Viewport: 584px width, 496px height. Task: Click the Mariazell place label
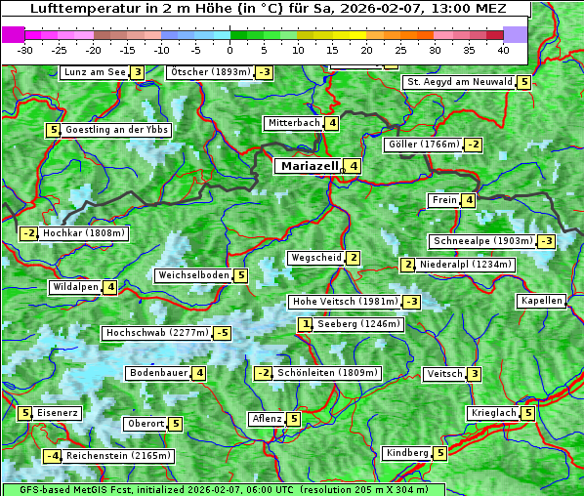pyautogui.click(x=309, y=166)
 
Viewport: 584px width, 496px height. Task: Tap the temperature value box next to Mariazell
pyautogui.click(x=353, y=166)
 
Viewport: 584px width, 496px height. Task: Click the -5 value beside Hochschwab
pyautogui.click(x=223, y=333)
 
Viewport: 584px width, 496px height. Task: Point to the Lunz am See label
pyautogui.click(x=94, y=72)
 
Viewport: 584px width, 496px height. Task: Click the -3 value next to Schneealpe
pyautogui.click(x=546, y=241)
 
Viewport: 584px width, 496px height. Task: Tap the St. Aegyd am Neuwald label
pyautogui.click(x=459, y=82)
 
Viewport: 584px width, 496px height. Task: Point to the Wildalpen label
pyautogui.click(x=75, y=287)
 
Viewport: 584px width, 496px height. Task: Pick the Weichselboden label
pyautogui.click(x=193, y=275)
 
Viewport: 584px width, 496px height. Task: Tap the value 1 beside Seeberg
pyautogui.click(x=306, y=324)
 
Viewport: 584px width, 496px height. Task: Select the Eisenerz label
pyautogui.click(x=58, y=413)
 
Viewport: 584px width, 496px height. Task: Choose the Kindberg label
pyautogui.click(x=407, y=453)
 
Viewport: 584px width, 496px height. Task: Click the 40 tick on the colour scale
pyautogui.click(x=503, y=50)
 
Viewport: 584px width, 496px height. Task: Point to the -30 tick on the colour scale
pyautogui.click(x=25, y=50)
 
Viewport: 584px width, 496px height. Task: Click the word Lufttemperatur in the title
pyautogui.click(x=79, y=9)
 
